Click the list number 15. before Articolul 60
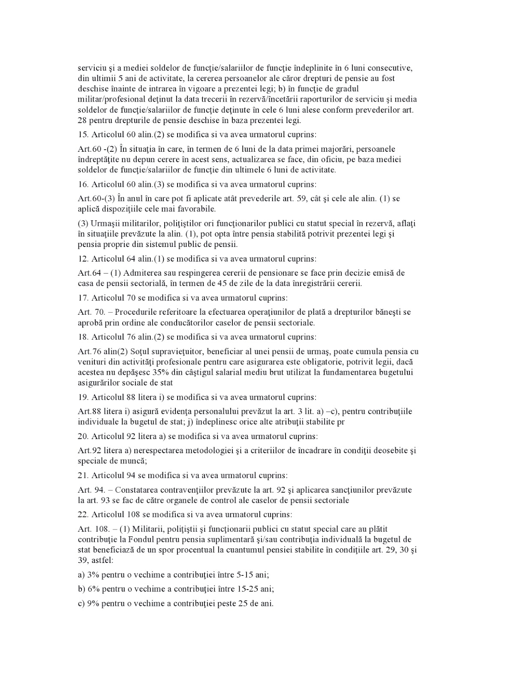point(83,135)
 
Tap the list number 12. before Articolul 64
point(83,259)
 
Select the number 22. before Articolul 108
point(84,514)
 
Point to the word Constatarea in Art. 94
point(138,490)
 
